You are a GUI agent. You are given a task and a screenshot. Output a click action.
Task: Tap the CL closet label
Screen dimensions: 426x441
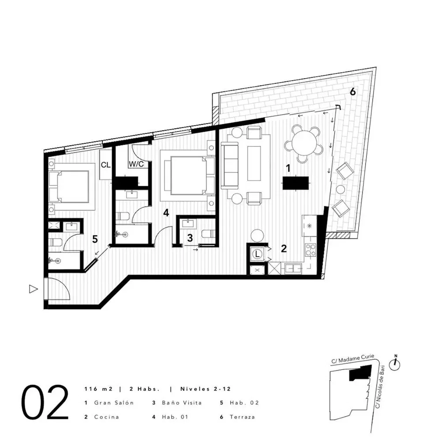tap(105, 165)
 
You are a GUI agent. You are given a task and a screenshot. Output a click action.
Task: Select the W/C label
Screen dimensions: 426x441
tap(136, 164)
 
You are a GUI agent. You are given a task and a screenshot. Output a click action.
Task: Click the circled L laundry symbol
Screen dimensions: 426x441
tap(257, 254)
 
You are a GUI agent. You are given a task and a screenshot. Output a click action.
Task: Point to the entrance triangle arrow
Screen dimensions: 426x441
tap(33, 289)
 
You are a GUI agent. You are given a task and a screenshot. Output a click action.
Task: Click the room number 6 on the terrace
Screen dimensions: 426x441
tap(352, 92)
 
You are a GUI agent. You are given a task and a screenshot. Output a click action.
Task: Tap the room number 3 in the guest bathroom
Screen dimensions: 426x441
tap(190, 238)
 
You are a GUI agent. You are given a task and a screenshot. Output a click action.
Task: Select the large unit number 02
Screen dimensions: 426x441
tap(45, 402)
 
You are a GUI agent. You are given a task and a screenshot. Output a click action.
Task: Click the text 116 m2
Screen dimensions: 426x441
tap(98, 389)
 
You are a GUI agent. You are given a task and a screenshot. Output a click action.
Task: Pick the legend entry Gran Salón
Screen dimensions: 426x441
tap(114, 403)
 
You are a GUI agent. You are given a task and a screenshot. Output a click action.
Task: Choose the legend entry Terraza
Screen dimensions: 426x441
tap(242, 417)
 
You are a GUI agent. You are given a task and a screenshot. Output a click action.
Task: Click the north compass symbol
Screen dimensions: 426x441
tap(395, 364)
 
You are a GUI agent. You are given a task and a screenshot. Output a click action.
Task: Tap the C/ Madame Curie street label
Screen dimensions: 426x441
tap(353, 359)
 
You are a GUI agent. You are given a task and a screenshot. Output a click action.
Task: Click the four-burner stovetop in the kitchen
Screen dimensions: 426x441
tap(310, 250)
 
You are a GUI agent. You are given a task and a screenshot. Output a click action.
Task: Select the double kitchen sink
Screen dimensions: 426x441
tap(293, 269)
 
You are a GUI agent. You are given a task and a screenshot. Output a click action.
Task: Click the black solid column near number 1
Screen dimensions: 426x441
tap(295, 183)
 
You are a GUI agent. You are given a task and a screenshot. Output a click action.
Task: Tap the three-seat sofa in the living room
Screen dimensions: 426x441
tap(229, 165)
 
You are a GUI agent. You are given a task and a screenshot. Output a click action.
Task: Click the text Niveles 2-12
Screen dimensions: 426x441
tap(205, 389)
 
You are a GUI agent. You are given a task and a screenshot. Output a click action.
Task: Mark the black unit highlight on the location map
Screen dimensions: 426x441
tap(360, 373)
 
